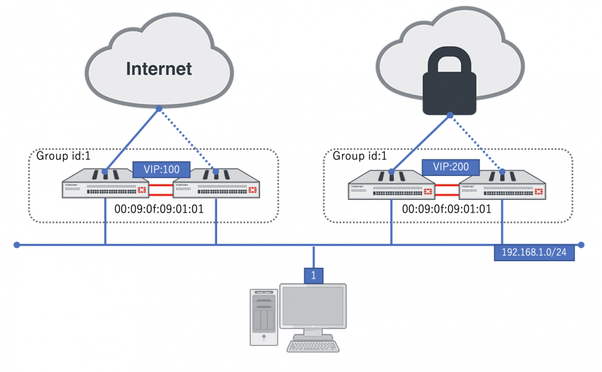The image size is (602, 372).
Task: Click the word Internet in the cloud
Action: [159, 69]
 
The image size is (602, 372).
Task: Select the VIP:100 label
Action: [161, 170]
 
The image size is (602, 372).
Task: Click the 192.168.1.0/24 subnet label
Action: [535, 252]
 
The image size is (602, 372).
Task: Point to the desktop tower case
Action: [263, 318]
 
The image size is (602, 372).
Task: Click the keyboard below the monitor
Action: [313, 346]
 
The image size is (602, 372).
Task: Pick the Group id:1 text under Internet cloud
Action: [62, 156]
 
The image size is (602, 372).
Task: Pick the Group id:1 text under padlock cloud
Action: [358, 156]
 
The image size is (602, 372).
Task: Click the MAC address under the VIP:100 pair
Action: [158, 208]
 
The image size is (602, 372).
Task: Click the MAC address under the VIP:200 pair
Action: [447, 208]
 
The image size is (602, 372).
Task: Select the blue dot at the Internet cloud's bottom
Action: [159, 109]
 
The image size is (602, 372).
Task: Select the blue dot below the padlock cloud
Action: [450, 115]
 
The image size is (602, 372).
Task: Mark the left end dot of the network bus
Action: [17, 245]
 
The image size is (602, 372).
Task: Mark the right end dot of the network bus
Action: [581, 245]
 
